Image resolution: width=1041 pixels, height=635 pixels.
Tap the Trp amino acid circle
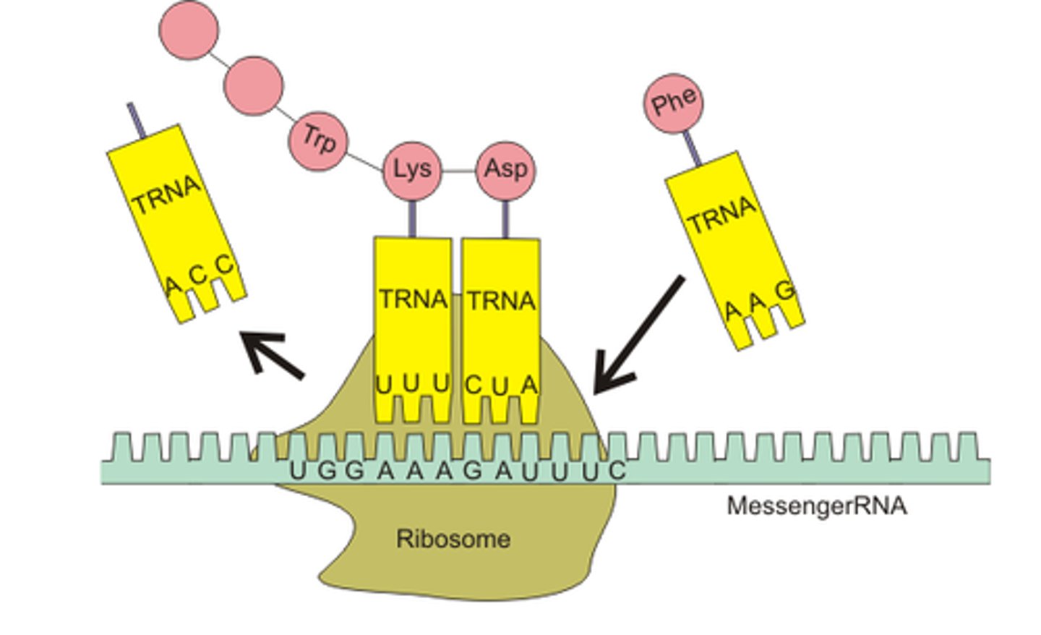pos(319,139)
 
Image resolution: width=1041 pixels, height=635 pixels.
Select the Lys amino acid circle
pos(411,171)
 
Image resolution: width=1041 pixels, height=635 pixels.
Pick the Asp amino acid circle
pos(505,170)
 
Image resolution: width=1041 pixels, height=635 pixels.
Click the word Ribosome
pos(453,539)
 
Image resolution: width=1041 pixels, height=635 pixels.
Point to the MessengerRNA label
pos(816,506)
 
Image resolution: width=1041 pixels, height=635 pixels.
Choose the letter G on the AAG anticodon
pos(785,291)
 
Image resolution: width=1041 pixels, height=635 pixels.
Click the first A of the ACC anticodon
pos(171,286)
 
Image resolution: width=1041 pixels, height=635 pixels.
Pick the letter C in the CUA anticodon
pos(472,385)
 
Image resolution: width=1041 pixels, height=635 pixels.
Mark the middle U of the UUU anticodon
pos(411,384)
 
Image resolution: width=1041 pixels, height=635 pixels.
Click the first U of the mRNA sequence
pos(298,471)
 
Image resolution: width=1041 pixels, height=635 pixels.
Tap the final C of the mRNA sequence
pos(616,471)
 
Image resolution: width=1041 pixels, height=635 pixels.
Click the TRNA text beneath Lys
pos(413,299)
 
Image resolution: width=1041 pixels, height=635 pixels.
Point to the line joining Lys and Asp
pos(458,171)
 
